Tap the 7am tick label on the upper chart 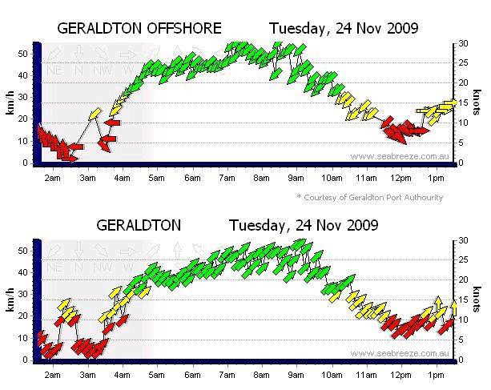pyautogui.click(x=227, y=177)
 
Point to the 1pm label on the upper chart pyautogui.click(x=436, y=177)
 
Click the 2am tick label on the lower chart pyautogui.click(x=52, y=374)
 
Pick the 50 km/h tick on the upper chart pyautogui.click(x=24, y=54)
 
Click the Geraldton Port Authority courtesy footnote pyautogui.click(x=369, y=197)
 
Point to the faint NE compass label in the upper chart pyautogui.click(x=54, y=70)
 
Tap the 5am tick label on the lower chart pyautogui.click(x=157, y=374)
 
